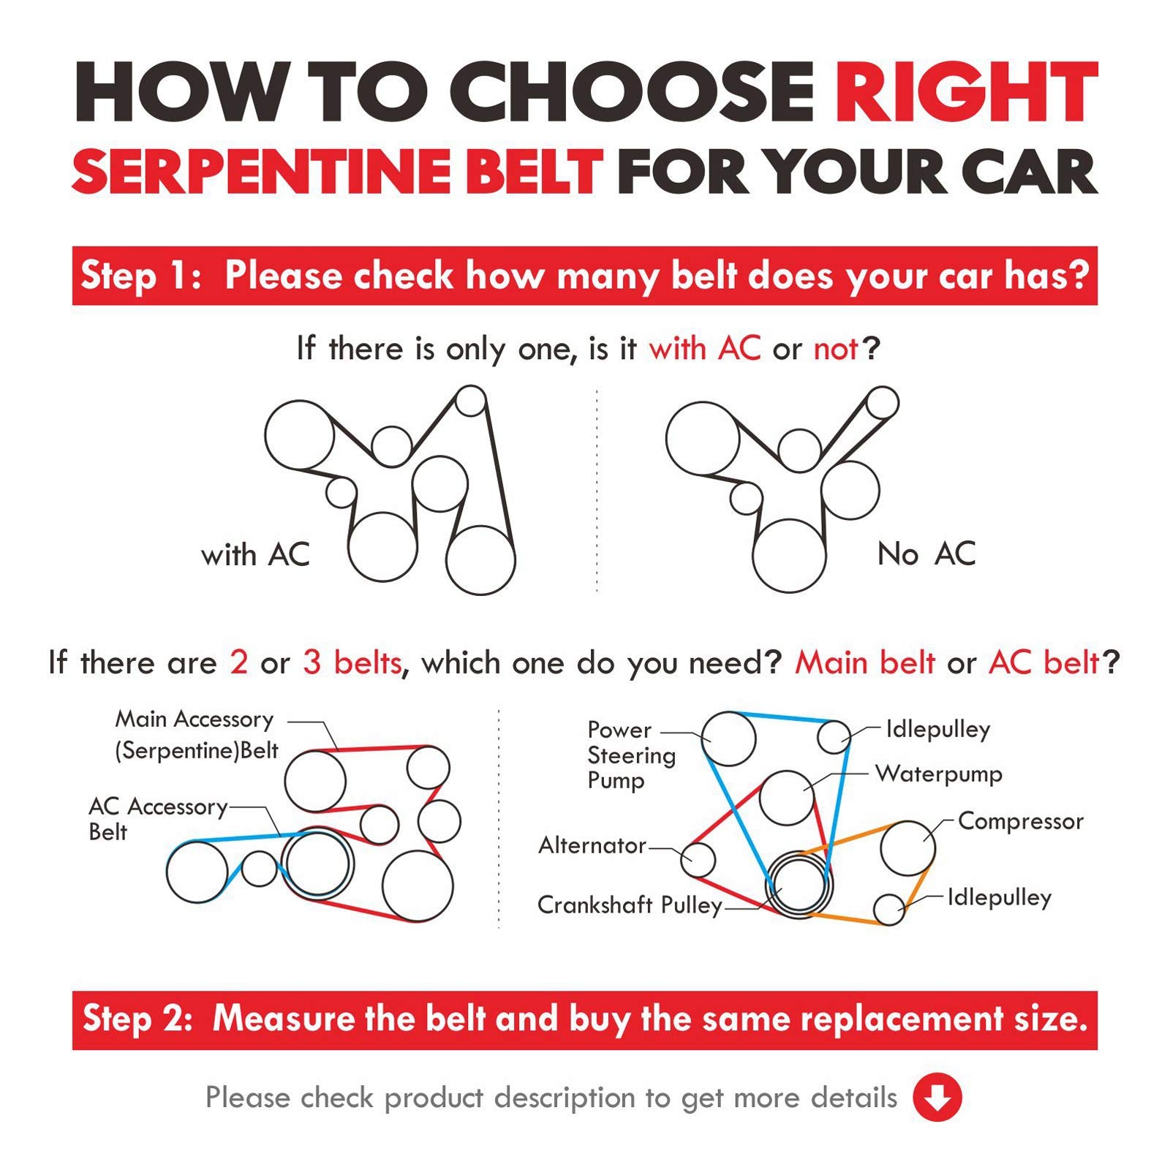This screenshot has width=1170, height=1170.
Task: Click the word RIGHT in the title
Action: [967, 94]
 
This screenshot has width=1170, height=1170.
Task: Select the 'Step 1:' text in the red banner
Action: [141, 276]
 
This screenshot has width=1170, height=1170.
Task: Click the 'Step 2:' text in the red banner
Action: [138, 1019]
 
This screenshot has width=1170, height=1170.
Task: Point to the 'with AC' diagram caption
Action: [255, 554]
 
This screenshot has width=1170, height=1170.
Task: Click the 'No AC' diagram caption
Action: [926, 554]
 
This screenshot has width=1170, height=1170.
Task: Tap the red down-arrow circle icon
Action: [937, 1097]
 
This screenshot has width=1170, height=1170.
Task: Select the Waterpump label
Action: [939, 774]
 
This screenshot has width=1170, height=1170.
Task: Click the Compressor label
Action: [1020, 821]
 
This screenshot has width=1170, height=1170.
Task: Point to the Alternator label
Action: [592, 845]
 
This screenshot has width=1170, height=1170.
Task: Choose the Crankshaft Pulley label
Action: [630, 905]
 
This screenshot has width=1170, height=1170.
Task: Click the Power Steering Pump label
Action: [631, 755]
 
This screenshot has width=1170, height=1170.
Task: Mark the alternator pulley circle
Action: [698, 859]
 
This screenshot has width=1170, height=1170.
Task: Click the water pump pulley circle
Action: [786, 798]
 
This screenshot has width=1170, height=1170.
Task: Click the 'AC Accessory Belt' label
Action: [158, 819]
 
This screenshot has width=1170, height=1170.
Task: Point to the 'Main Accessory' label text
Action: [195, 720]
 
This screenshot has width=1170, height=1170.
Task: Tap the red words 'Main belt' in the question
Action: [864, 663]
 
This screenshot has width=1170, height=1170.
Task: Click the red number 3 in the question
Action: [312, 663]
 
